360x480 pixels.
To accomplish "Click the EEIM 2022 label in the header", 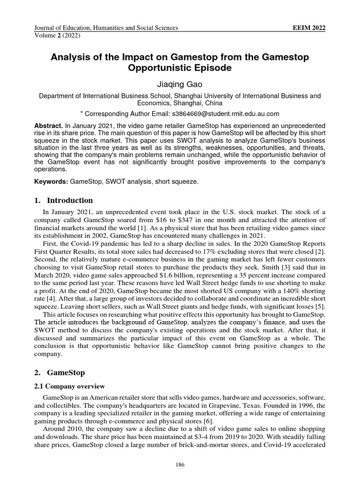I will [308, 28].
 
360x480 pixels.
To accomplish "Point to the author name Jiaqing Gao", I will [180, 85].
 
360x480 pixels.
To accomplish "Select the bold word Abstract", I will [48, 127].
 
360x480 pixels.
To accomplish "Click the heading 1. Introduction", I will [64, 201].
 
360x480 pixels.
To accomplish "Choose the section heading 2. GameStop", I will [61, 373].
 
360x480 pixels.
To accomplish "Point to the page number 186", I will [180, 465].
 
